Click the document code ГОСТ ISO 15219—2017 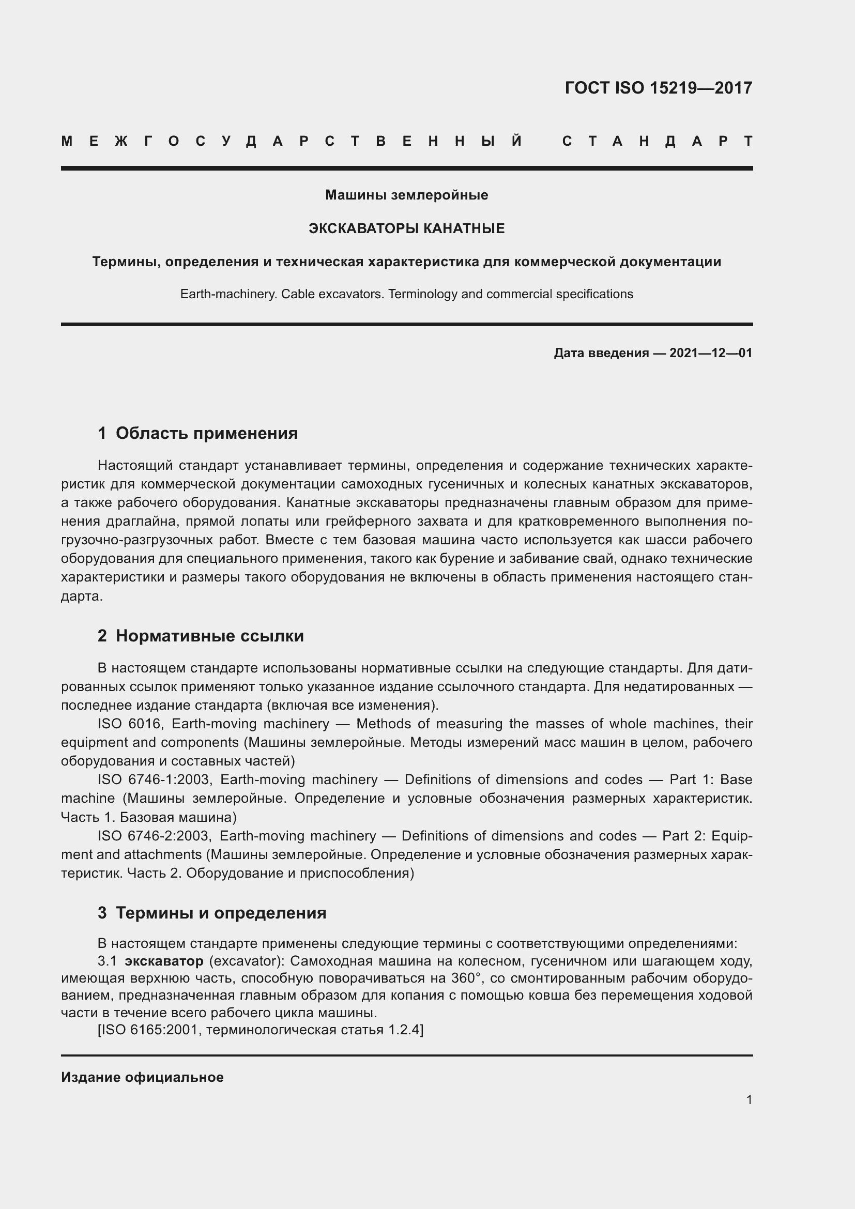(x=658, y=88)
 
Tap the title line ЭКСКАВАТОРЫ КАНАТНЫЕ (x=406, y=228)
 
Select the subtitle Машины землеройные (x=406, y=195)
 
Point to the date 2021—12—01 (x=711, y=353)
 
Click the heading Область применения (x=206, y=433)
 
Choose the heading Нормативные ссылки (x=209, y=636)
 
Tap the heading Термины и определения (x=221, y=912)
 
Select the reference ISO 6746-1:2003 (x=154, y=779)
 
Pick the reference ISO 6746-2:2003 (x=154, y=836)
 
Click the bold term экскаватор (x=164, y=961)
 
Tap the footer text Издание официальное (x=142, y=1077)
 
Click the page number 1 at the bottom (x=749, y=1099)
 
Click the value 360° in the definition (x=466, y=978)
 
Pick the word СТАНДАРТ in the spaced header (x=657, y=141)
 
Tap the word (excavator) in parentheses (x=247, y=961)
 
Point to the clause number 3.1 (x=106, y=961)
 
